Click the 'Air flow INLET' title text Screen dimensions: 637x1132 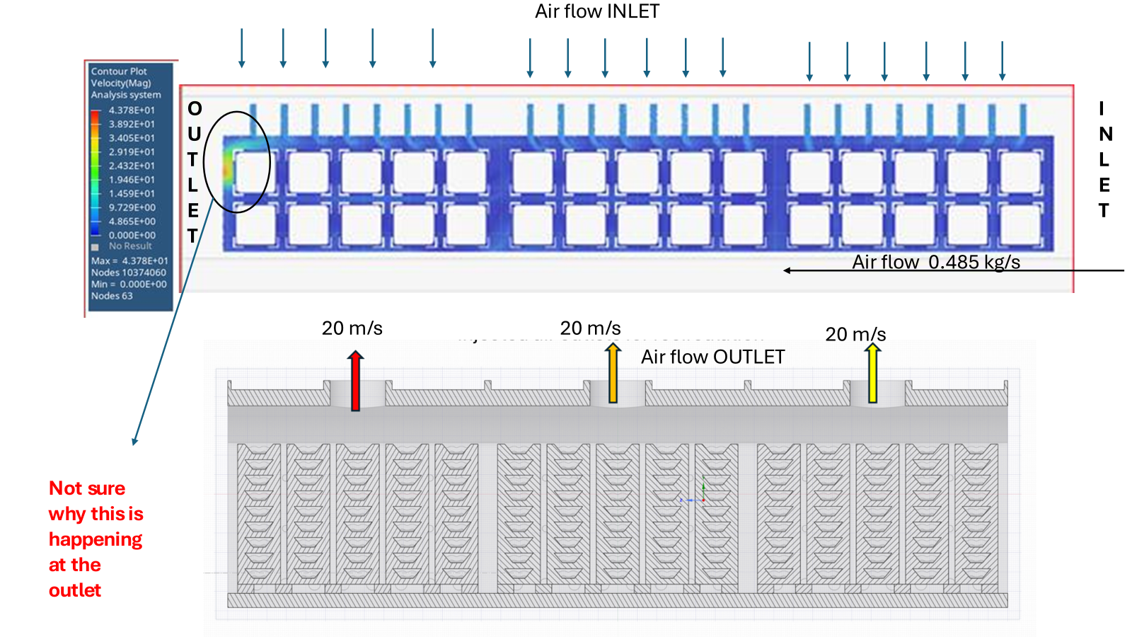tap(596, 11)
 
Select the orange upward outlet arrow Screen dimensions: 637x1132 tap(613, 373)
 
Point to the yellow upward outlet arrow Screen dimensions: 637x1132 tap(873, 373)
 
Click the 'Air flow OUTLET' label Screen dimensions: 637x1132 tap(712, 357)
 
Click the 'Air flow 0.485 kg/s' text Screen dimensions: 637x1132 tap(935, 262)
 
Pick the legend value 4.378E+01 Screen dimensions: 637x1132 tap(132, 110)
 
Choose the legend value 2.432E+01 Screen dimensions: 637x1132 tap(132, 166)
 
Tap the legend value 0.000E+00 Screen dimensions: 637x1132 tap(132, 235)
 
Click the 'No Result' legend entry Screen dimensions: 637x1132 tap(130, 246)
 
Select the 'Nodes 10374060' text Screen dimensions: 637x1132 tap(128, 272)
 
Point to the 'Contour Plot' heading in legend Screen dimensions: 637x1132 tap(119, 71)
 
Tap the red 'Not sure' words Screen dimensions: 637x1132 tap(87, 488)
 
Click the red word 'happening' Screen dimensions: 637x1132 tap(96, 539)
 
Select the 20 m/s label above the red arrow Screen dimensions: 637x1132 tap(352, 328)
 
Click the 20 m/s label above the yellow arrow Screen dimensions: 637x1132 tap(855, 334)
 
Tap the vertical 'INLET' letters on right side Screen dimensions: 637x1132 tap(1104, 159)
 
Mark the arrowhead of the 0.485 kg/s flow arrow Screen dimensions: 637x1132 tap(787, 270)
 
